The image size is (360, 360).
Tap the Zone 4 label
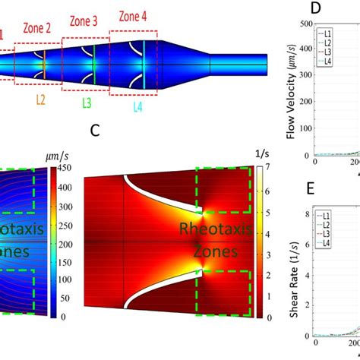[x=134, y=14]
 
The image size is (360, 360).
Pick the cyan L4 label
[x=137, y=107]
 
